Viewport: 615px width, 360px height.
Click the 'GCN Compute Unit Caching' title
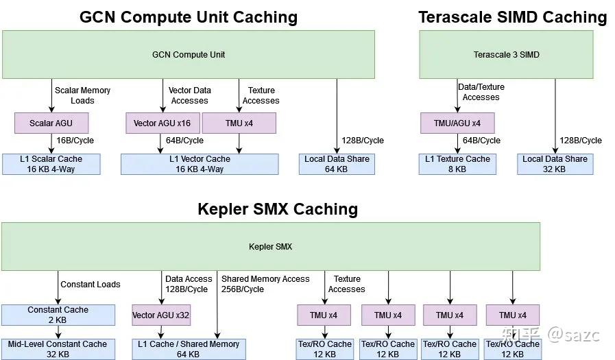point(189,16)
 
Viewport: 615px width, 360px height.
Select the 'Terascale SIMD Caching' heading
point(513,16)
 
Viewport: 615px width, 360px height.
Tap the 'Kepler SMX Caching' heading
point(278,208)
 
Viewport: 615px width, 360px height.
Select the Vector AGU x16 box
point(162,123)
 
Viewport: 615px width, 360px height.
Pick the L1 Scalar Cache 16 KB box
point(51,164)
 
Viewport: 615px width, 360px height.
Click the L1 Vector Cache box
point(200,164)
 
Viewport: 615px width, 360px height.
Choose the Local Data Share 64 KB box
point(337,164)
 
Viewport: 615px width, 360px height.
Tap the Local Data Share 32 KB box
point(554,164)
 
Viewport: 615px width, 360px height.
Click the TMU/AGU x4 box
point(457,123)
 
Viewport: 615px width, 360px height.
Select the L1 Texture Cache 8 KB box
point(457,164)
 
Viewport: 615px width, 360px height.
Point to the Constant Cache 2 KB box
point(58,315)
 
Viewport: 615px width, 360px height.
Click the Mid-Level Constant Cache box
point(58,349)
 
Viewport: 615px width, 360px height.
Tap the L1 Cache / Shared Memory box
point(189,349)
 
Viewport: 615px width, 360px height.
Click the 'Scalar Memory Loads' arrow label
point(82,95)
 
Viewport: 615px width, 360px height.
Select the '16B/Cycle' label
point(75,141)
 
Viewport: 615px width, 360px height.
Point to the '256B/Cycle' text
point(243,289)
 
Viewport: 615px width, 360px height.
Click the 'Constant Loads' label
point(91,285)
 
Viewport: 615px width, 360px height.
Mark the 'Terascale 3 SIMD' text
point(506,55)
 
